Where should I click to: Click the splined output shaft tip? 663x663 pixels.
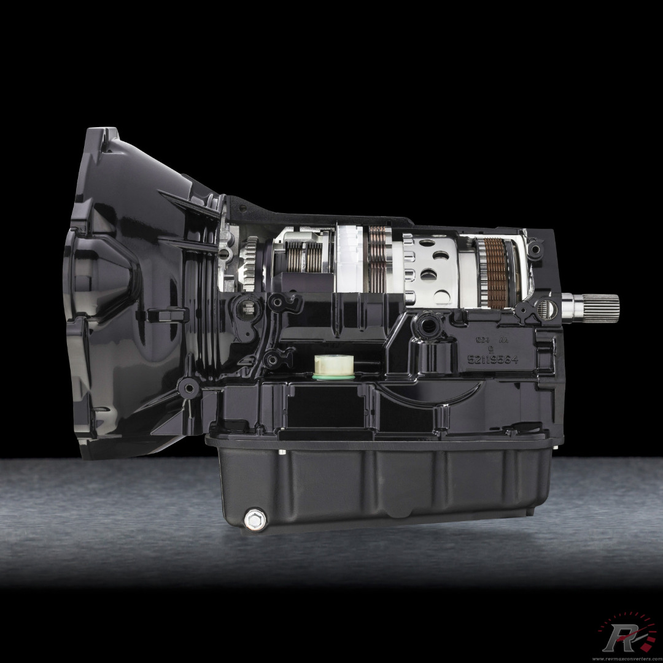[599, 303]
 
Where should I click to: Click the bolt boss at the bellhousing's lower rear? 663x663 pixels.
[188, 387]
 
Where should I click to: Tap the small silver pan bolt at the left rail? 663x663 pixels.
[281, 452]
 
